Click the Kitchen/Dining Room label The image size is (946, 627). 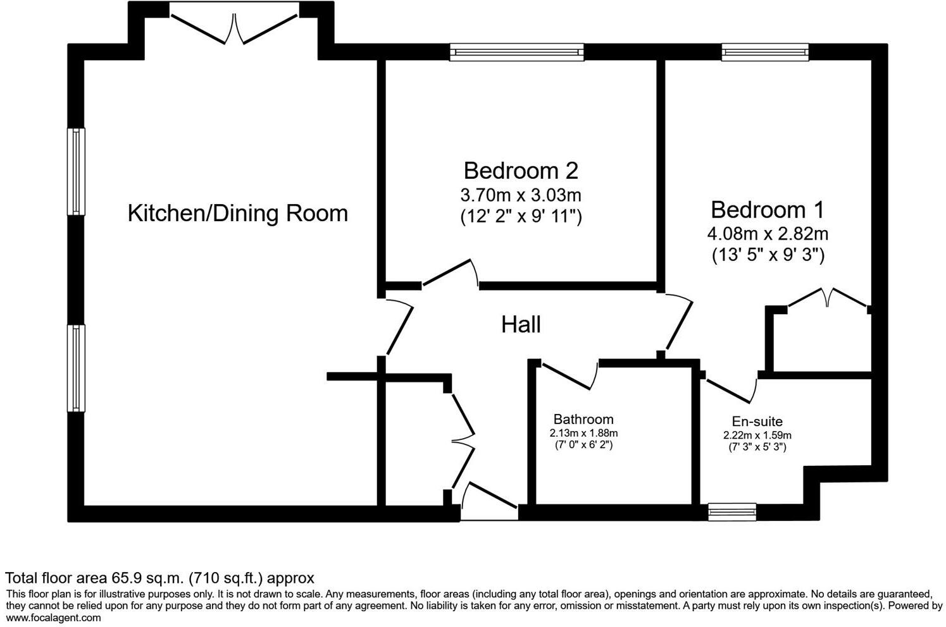click(x=238, y=214)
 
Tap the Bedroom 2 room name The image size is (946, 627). click(x=520, y=171)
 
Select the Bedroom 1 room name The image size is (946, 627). click(x=767, y=209)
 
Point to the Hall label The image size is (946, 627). click(x=521, y=325)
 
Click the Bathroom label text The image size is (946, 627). click(x=583, y=419)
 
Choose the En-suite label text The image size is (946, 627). click(x=757, y=422)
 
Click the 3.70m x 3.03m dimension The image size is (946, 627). click(x=520, y=195)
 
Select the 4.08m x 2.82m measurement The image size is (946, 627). click(x=767, y=233)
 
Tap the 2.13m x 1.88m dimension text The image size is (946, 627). click(x=583, y=434)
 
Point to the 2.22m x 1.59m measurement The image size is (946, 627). click(x=757, y=435)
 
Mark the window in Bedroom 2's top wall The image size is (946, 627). click(x=516, y=52)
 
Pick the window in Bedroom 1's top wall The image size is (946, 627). click(x=765, y=52)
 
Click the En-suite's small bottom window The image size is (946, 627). click(x=731, y=511)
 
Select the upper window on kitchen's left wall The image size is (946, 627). click(x=77, y=171)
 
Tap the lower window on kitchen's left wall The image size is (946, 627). click(x=77, y=368)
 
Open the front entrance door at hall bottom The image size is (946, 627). click(x=490, y=499)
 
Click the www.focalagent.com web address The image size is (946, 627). click(x=53, y=618)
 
